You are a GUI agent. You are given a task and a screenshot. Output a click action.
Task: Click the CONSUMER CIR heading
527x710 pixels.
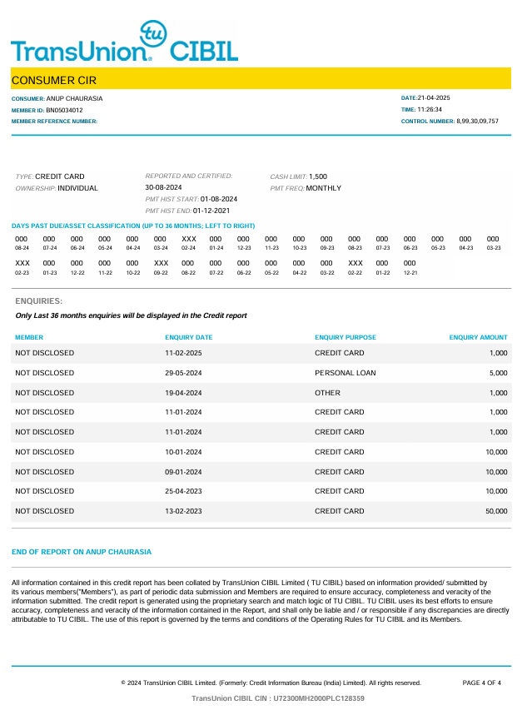54,80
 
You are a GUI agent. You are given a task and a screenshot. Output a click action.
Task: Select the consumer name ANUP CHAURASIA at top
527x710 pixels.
74,98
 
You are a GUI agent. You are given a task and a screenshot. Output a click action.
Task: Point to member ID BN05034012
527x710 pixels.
64,110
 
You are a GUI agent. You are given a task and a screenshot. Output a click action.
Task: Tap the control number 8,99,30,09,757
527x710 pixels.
477,122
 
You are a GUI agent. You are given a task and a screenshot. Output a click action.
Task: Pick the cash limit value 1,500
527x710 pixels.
318,176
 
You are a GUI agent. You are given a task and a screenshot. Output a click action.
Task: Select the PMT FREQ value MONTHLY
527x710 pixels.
324,188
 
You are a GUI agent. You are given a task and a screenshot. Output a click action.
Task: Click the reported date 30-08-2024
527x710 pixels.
163,188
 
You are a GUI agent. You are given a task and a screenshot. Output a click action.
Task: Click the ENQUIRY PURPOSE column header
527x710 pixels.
346,338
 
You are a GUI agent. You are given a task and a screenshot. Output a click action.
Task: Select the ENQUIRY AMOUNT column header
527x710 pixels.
478,338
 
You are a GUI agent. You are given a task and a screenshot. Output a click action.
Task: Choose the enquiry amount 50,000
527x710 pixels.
496,511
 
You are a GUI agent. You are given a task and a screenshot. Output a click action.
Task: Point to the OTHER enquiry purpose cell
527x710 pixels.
327,393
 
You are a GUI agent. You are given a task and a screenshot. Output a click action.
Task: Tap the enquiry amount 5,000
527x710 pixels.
498,373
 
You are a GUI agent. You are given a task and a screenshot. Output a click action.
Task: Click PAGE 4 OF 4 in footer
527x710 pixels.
481,683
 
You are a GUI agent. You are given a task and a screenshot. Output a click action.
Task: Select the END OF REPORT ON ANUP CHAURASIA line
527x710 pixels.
82,552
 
